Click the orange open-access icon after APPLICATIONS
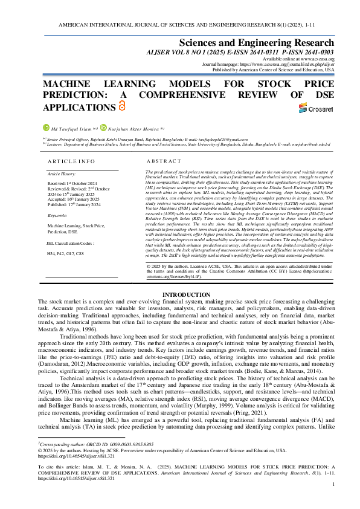(x=105, y=106)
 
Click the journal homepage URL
(x=291, y=62)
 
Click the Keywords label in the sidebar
(x=57, y=215)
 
